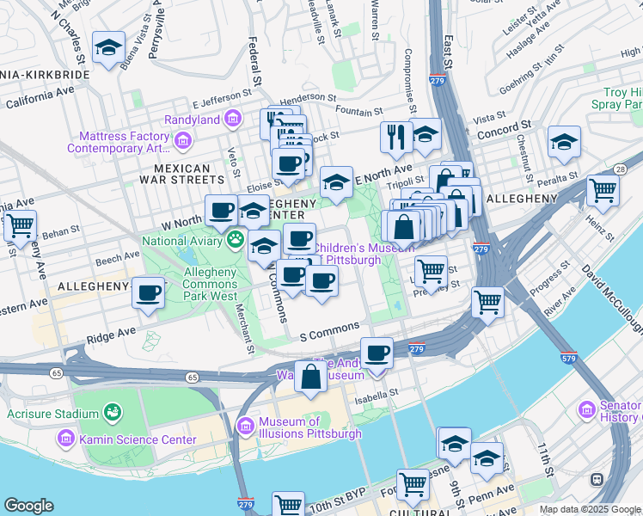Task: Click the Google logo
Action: [x=29, y=506]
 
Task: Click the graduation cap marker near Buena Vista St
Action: [x=109, y=49]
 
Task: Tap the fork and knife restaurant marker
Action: [x=396, y=137]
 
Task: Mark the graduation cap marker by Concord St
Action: [x=563, y=141]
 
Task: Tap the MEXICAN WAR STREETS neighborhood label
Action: [x=182, y=174]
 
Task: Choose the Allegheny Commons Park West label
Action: [x=199, y=284]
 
